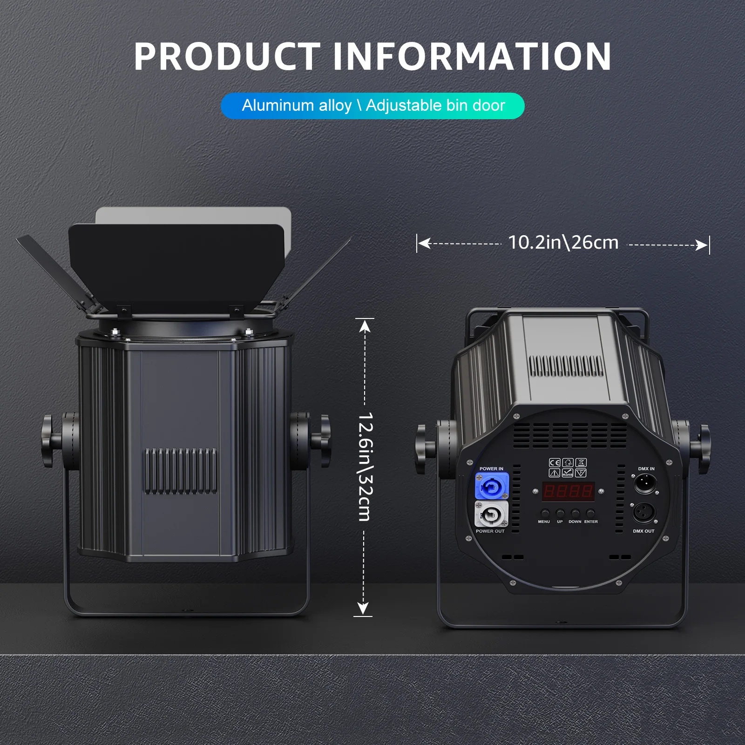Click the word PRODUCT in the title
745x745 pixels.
click(x=227, y=56)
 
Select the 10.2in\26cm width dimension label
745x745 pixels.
click(x=563, y=243)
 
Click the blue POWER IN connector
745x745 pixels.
click(x=492, y=486)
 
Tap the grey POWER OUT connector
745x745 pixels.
click(x=491, y=514)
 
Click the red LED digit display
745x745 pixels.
click(x=568, y=491)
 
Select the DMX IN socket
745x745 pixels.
click(x=645, y=483)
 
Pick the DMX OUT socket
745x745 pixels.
click(x=644, y=513)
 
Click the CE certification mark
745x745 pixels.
click(x=554, y=462)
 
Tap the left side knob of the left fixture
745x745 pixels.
click(x=47, y=440)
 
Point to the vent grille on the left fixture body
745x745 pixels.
click(x=180, y=471)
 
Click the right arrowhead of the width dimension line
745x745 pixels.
click(x=701, y=245)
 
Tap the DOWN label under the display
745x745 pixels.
click(x=575, y=521)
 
